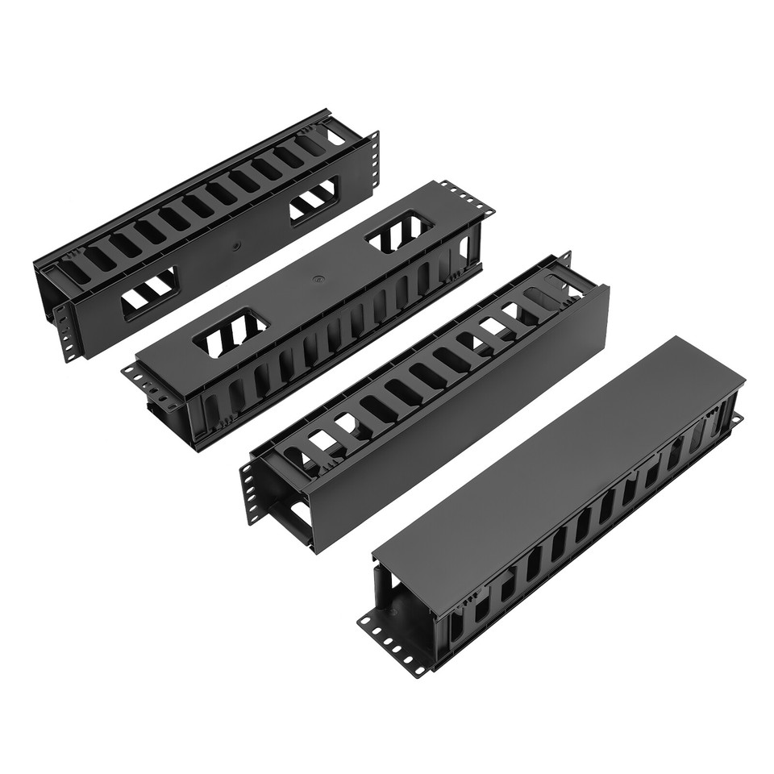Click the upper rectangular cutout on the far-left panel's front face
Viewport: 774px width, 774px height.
(x=314, y=198)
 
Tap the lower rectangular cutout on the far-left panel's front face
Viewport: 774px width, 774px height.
(x=150, y=293)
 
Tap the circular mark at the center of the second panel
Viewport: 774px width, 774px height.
(x=318, y=281)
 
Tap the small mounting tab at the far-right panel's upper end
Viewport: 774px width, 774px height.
(x=735, y=419)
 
